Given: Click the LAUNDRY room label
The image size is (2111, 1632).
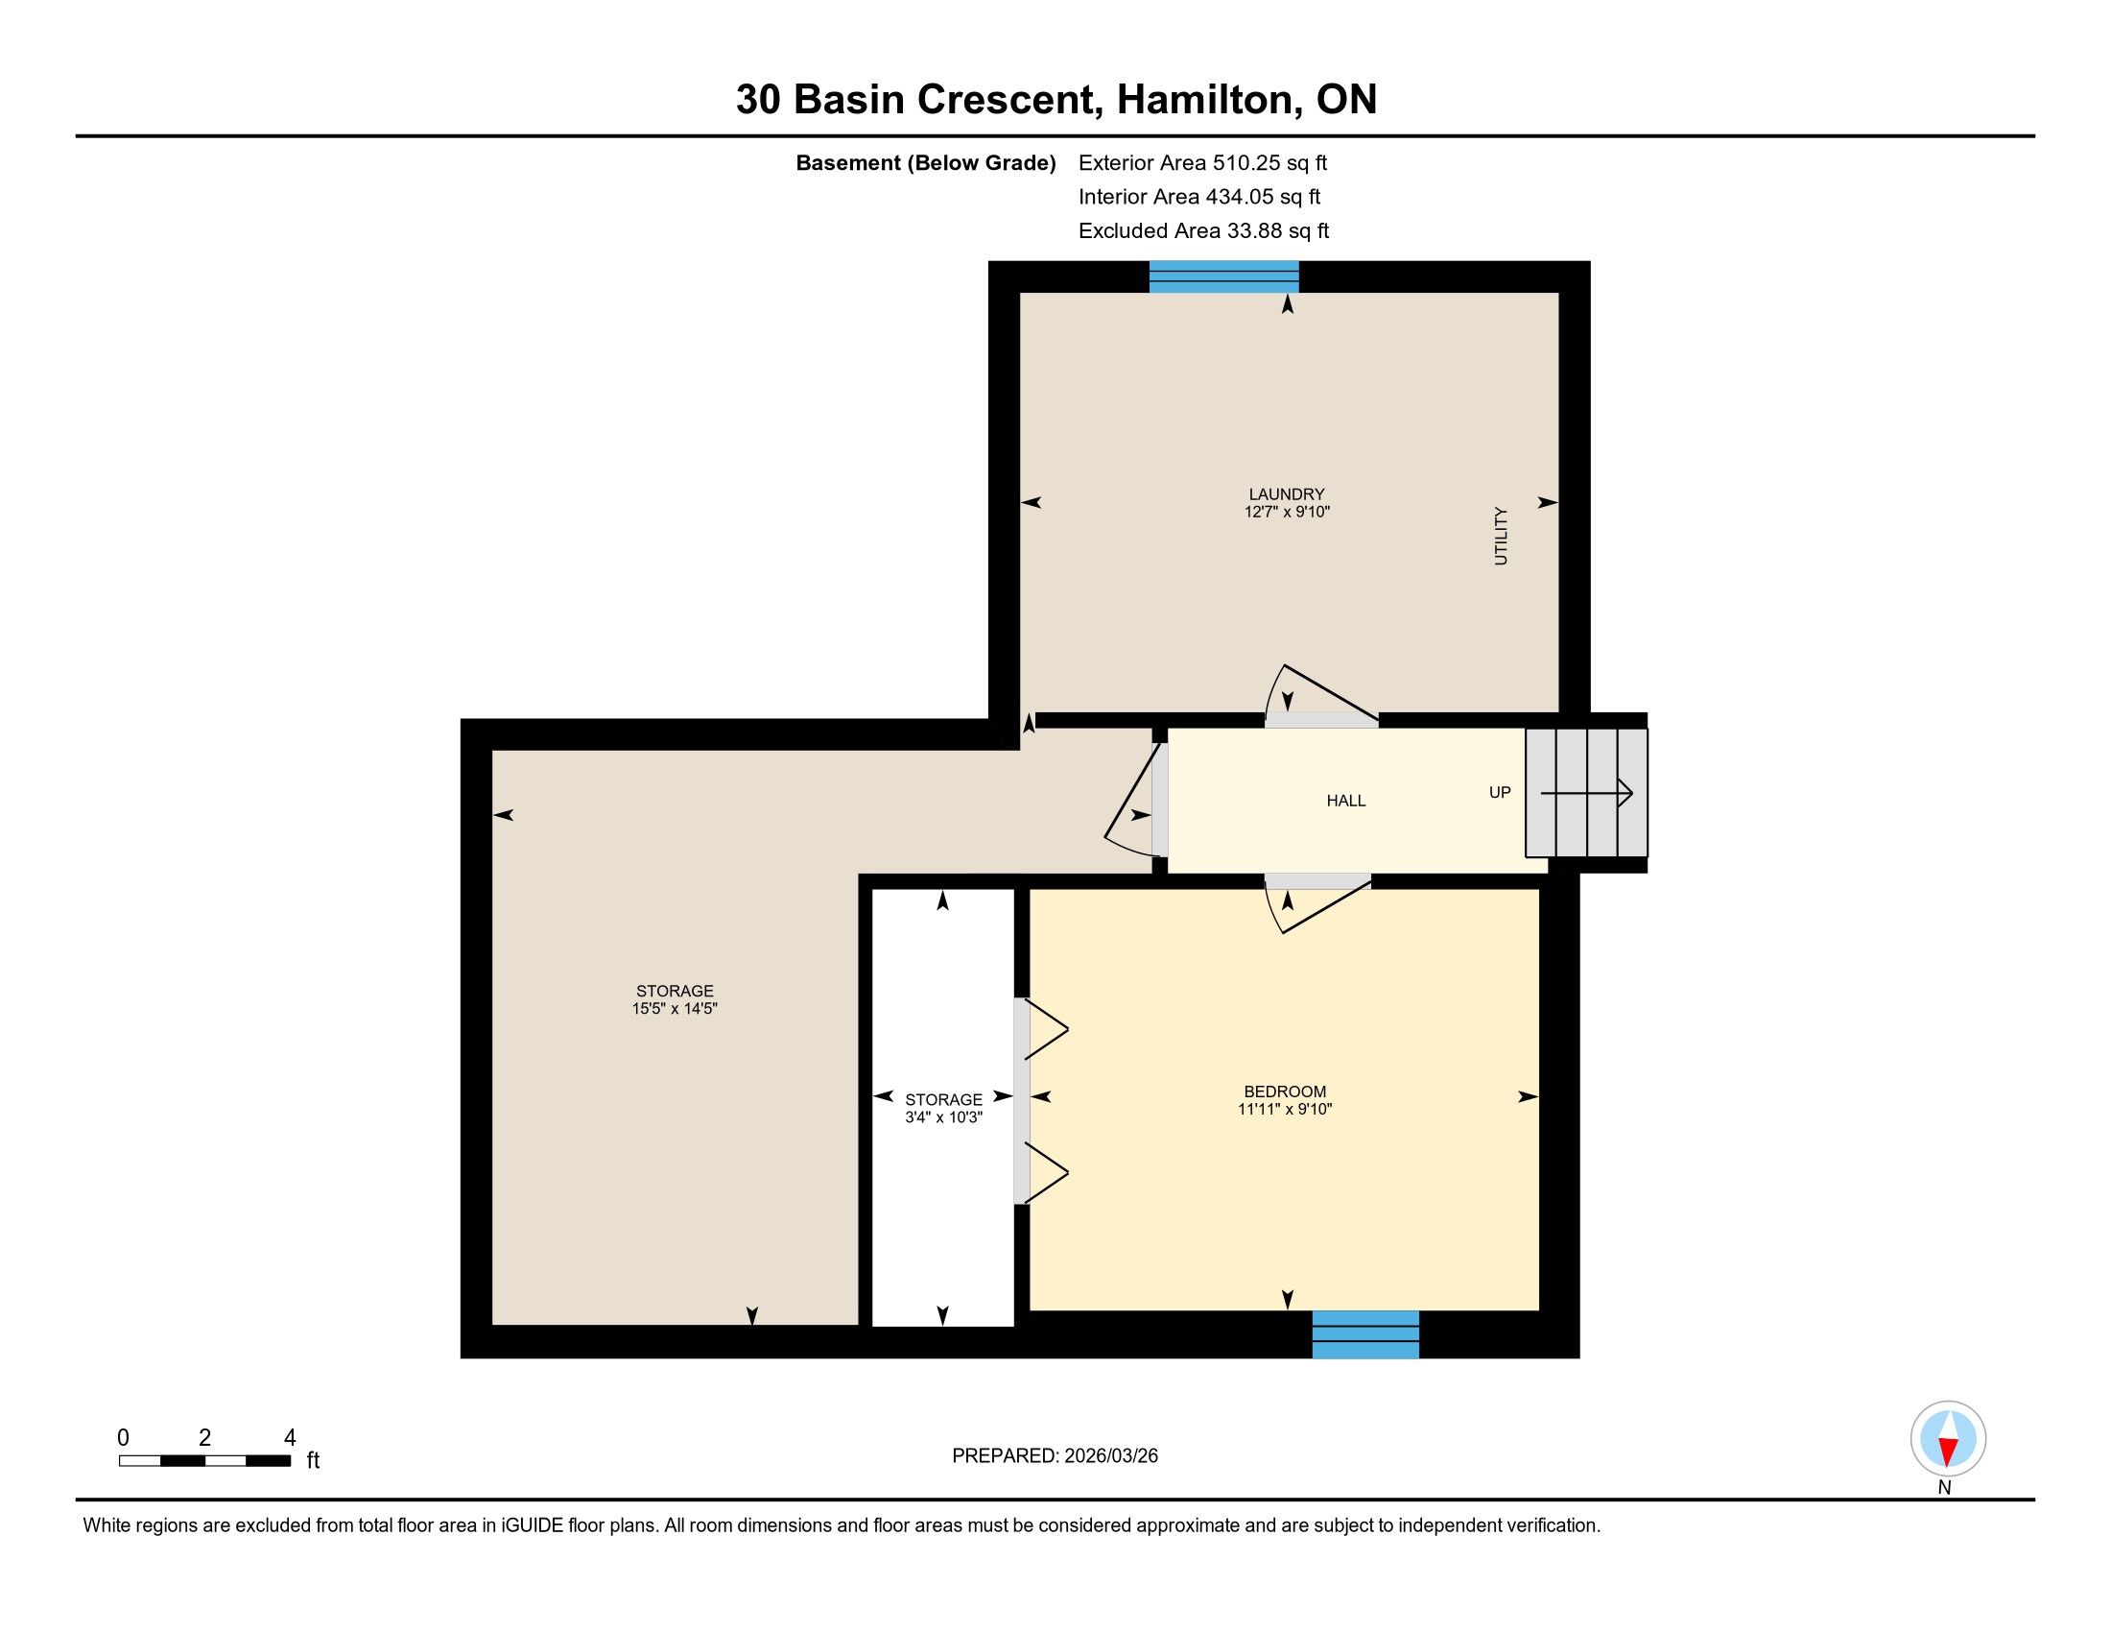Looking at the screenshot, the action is pos(1287,494).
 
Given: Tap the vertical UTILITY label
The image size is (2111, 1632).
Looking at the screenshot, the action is pos(1500,536).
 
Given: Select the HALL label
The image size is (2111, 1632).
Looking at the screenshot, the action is pos(1345,801).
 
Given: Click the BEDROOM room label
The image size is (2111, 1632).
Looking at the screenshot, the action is pos(1285,1092).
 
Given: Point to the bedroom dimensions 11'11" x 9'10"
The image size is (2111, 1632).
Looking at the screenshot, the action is pos(1285,1109).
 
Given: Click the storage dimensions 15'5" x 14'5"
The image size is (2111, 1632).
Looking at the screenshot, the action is pos(675,1008).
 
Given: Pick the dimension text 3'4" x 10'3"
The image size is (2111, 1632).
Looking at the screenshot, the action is pos(943,1116).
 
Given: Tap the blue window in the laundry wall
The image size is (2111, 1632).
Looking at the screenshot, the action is pos(1223,276).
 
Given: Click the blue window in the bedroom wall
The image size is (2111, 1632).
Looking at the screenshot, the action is pos(1364,1334).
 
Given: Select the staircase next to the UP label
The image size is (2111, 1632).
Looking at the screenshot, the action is pos(1586,793).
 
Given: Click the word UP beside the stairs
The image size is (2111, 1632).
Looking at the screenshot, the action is pos(1499,793).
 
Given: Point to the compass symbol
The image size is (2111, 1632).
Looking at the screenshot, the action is pos(1948,1438).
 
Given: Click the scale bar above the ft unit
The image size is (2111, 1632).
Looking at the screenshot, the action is pos(205,1461).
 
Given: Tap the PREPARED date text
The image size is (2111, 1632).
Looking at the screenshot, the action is pos(1055,1456).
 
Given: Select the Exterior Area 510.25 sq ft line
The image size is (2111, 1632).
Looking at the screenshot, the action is pos(1202,162).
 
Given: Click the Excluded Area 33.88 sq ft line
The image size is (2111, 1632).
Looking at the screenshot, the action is pos(1203,230).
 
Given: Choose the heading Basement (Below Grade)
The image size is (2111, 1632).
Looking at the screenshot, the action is pos(925,162).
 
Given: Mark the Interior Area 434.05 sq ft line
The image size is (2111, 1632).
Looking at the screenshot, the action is pos(1198,196).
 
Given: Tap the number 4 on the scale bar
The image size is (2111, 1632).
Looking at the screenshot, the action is pos(289,1438).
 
